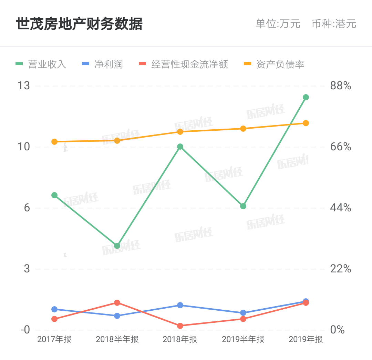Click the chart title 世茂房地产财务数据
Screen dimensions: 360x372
tap(79, 24)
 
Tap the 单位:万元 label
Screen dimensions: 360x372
tap(278, 24)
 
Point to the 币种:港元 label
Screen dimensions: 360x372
tap(334, 24)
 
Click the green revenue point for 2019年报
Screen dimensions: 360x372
tap(306, 97)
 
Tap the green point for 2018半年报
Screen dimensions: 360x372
tap(117, 246)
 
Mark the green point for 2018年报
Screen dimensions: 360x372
tap(180, 147)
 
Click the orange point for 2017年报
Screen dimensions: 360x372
tap(54, 142)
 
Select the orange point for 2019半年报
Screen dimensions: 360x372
tap(243, 129)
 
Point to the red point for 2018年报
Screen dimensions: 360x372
tap(180, 326)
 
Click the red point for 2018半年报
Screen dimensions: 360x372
tap(117, 303)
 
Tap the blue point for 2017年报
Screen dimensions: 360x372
tap(54, 309)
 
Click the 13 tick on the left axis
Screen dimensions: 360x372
tap(24, 86)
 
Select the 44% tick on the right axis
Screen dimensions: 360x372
tap(340, 208)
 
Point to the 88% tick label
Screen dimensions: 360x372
tap(340, 86)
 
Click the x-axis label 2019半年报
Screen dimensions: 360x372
tap(243, 339)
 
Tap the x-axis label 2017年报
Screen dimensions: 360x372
tap(54, 339)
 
